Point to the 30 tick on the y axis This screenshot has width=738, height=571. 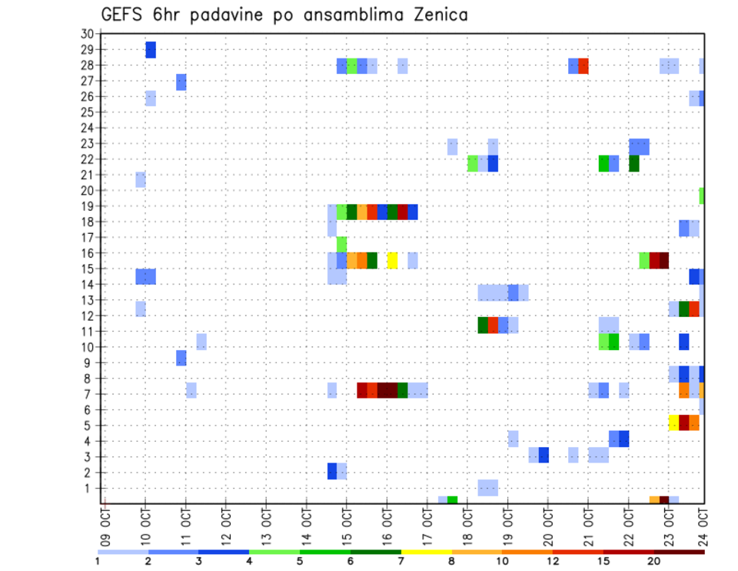click(x=87, y=34)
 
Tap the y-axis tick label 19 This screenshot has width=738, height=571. click(x=87, y=206)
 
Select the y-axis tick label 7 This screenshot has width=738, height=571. click(x=90, y=394)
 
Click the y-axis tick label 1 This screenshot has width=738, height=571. click(x=90, y=488)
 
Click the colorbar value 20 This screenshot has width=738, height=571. click(x=654, y=560)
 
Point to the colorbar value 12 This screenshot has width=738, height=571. click(x=553, y=560)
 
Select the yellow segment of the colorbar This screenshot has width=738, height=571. click(x=427, y=552)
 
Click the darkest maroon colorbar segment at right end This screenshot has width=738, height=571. click(x=680, y=552)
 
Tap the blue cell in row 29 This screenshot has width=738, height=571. click(x=151, y=49)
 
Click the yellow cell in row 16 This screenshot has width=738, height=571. click(x=392, y=260)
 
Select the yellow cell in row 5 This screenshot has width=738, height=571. click(x=673, y=422)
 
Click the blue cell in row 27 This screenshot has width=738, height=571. click(x=181, y=82)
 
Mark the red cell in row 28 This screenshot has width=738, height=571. click(x=583, y=65)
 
